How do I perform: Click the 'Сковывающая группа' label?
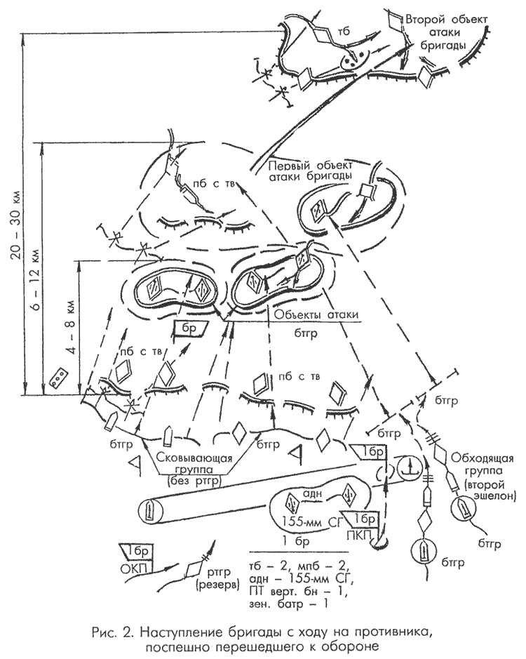pos(194,463)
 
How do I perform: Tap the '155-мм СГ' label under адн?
pos(316,521)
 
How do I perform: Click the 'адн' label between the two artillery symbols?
pos(316,495)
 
